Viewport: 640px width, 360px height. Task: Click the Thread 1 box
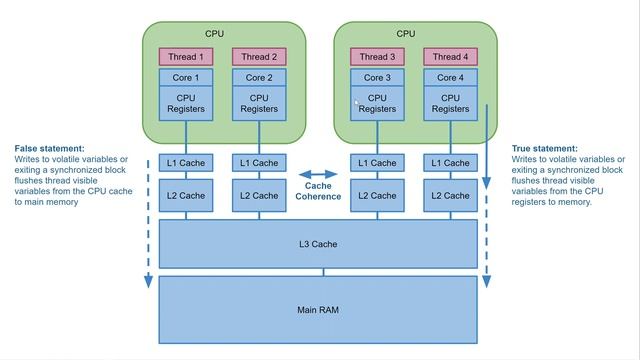[184, 57]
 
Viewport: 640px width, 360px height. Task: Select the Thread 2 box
[259, 57]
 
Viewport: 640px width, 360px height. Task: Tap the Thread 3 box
[377, 57]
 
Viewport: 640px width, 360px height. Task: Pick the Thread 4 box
[451, 57]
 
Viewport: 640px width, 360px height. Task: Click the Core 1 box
[184, 77]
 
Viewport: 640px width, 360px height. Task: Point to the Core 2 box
[259, 77]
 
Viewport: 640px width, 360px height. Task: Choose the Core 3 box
[377, 77]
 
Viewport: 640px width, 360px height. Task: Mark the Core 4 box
[451, 77]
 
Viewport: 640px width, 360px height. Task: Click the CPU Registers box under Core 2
[259, 104]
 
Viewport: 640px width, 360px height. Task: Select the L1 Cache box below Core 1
[184, 163]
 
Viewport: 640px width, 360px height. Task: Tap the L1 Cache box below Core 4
[451, 163]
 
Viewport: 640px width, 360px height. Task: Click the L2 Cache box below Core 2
[259, 196]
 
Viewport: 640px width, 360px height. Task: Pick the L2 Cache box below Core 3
[377, 196]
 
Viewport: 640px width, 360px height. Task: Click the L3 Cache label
[318, 244]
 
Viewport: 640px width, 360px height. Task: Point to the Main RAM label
[318, 310]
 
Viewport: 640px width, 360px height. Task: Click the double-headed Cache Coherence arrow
[318, 174]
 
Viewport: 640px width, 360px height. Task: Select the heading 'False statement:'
[50, 148]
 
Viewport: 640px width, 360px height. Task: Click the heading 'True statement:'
[545, 148]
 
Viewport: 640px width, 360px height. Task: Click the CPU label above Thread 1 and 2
[215, 34]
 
